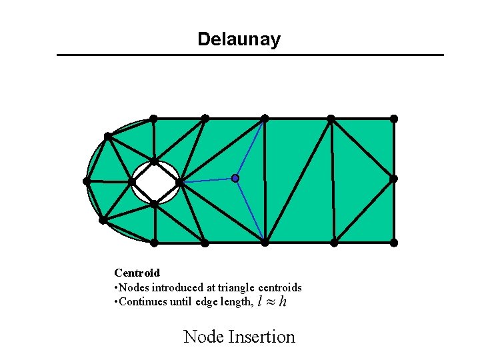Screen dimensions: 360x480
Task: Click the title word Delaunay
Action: tap(239, 39)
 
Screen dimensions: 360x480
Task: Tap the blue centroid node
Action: tap(235, 178)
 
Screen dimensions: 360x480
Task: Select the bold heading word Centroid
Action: tap(137, 273)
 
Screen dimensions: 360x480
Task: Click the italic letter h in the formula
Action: tap(283, 303)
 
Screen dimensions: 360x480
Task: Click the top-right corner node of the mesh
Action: tap(393, 119)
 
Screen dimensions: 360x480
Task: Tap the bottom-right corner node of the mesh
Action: tap(393, 243)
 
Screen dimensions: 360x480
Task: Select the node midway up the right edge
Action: tap(393, 179)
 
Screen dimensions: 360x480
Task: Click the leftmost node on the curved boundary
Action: tap(87, 181)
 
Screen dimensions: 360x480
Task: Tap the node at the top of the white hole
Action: tap(154, 161)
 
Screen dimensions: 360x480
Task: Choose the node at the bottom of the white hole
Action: tap(153, 204)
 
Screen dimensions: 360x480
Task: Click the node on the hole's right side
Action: tap(179, 181)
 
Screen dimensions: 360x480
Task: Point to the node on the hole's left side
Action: tap(132, 181)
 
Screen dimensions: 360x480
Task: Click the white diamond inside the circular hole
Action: tap(155, 183)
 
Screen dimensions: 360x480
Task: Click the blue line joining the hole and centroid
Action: tap(207, 180)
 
